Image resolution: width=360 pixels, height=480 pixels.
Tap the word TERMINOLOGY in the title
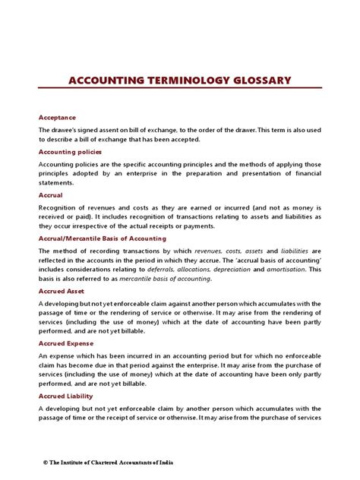178,80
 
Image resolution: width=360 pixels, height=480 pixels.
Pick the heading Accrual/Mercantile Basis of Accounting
102,238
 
